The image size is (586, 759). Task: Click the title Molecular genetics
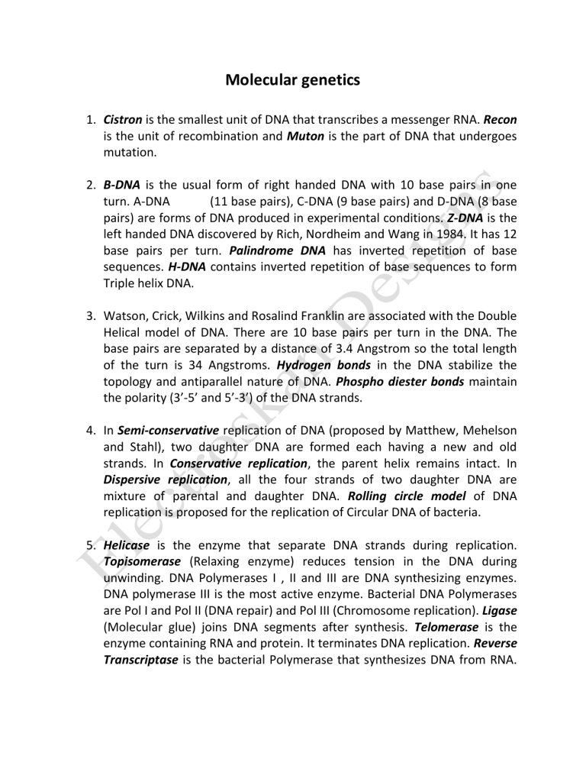293,79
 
